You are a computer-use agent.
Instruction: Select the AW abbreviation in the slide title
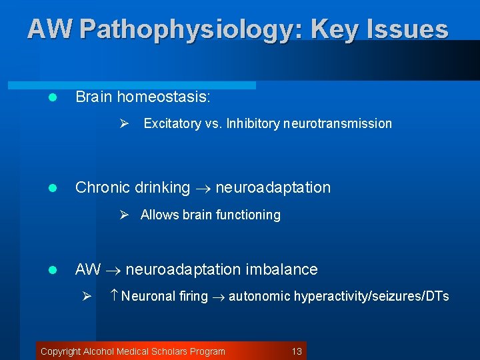tap(50, 30)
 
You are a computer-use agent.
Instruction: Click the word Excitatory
tap(172, 123)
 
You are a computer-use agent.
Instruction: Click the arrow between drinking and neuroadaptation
tap(203, 189)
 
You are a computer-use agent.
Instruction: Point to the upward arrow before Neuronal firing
tap(113, 296)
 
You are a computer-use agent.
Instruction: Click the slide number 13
tap(297, 351)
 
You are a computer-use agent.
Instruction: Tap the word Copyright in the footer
tap(61, 351)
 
